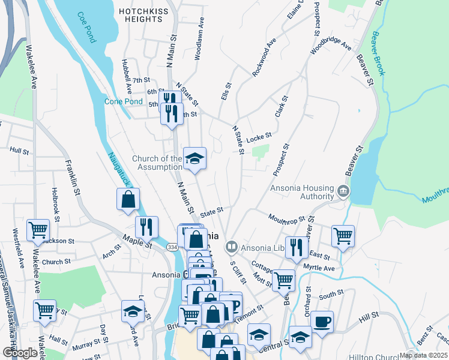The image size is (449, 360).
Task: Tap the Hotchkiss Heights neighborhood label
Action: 141,15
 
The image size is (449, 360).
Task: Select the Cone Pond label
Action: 124,101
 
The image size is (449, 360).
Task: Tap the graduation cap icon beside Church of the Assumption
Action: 194,159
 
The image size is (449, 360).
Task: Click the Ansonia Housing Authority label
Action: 302,192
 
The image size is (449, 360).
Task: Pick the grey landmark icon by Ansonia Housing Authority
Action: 343,191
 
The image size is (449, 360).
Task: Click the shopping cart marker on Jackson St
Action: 38,230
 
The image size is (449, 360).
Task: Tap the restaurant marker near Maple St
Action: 146,227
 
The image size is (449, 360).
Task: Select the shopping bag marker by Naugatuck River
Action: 128,200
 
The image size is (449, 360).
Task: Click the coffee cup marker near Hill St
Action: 322,322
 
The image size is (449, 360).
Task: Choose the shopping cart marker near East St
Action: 343,235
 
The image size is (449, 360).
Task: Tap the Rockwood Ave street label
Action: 264,58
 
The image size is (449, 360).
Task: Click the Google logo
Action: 20,353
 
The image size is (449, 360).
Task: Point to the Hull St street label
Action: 19,151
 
